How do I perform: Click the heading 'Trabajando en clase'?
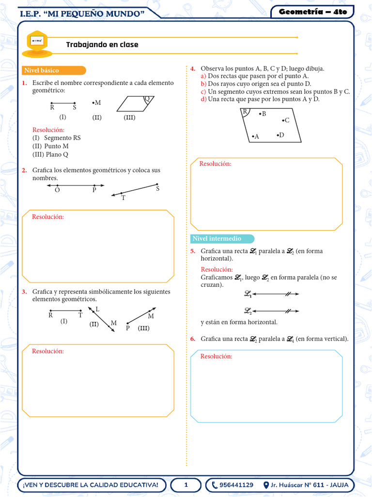click(x=102, y=45)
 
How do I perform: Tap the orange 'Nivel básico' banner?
click(x=54, y=70)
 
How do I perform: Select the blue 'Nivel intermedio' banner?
click(x=222, y=239)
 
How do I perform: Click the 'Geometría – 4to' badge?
click(x=312, y=12)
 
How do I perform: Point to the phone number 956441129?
click(x=236, y=485)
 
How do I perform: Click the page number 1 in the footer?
click(x=186, y=485)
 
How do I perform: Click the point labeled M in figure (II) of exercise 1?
click(x=93, y=103)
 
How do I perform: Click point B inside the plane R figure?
click(x=260, y=114)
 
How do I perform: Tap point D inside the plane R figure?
click(x=278, y=135)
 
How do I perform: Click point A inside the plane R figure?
click(x=253, y=137)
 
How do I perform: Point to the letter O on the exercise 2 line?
click(x=57, y=190)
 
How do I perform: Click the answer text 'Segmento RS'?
click(x=62, y=138)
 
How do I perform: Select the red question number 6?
click(x=193, y=339)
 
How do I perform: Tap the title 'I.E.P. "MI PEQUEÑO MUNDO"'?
click(x=83, y=14)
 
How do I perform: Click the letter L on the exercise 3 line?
click(x=97, y=309)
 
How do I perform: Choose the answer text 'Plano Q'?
click(x=57, y=154)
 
